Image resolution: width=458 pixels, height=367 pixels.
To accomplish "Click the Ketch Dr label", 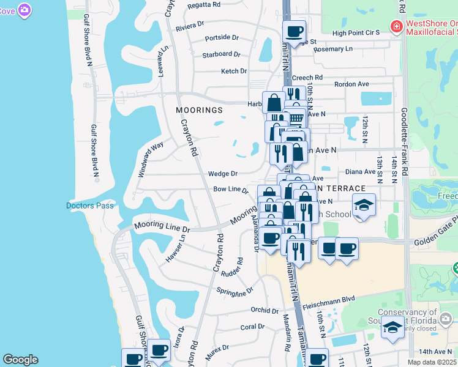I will point(233,72).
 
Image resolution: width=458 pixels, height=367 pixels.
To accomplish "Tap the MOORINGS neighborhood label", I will point(198,111).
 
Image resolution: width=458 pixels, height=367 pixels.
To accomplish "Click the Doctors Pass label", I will point(90,206).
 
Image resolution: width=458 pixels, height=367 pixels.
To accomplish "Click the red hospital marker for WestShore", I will point(396,27).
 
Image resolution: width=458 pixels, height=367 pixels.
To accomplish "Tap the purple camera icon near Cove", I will point(24,10).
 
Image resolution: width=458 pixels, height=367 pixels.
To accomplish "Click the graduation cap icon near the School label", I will point(364,205).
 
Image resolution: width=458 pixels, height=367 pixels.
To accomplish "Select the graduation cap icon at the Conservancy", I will point(392,327).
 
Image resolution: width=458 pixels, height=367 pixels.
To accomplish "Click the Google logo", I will point(21,360).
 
